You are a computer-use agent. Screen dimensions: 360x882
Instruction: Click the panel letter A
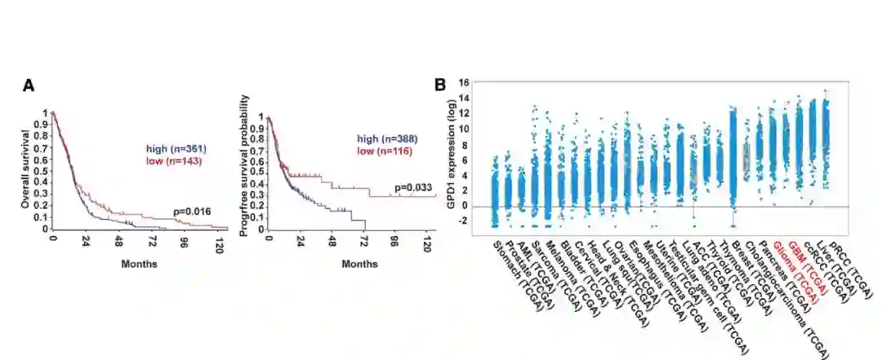click(29, 86)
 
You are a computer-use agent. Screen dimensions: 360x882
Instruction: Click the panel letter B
click(439, 84)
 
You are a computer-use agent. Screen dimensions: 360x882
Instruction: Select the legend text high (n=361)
click(176, 148)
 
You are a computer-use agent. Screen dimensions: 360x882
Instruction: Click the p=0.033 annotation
click(413, 188)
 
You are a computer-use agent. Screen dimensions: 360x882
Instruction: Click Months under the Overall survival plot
click(139, 264)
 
